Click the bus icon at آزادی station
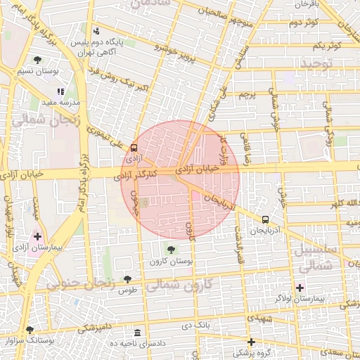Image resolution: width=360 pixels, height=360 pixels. [x=134, y=148]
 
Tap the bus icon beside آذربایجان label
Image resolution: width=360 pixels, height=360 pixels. [x=265, y=219]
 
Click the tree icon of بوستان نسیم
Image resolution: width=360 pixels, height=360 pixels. [x=37, y=60]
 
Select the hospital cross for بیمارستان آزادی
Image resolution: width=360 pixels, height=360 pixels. [x=37, y=236]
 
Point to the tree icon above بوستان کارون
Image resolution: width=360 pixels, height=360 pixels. [x=171, y=249]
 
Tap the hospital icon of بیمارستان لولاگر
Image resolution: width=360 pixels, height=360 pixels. [x=300, y=287]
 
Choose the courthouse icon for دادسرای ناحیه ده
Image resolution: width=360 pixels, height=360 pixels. [x=136, y=332]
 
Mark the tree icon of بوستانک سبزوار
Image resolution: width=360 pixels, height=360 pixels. [x=29, y=329]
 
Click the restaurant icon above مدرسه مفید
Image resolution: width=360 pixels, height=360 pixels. [x=61, y=91]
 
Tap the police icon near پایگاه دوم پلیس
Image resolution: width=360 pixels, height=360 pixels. [x=96, y=31]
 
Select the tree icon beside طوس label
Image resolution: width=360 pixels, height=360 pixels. [x=127, y=279]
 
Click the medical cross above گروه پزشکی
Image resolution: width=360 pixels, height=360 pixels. [x=251, y=342]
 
